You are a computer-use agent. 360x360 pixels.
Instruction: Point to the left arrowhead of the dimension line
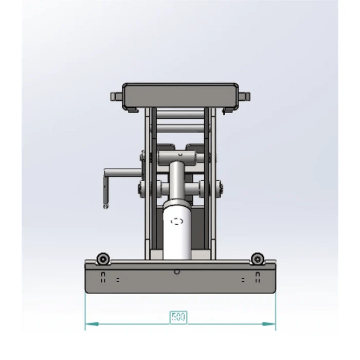click(x=88, y=324)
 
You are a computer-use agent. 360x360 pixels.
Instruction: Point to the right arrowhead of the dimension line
click(x=272, y=324)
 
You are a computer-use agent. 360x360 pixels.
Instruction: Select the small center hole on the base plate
click(x=177, y=271)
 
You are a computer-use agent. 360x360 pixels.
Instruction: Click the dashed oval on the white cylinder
click(x=177, y=222)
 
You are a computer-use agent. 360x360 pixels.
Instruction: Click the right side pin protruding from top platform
click(x=246, y=96)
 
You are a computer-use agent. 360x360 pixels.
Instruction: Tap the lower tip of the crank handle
click(x=105, y=206)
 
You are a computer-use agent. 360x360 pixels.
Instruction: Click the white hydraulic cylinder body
click(x=177, y=231)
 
